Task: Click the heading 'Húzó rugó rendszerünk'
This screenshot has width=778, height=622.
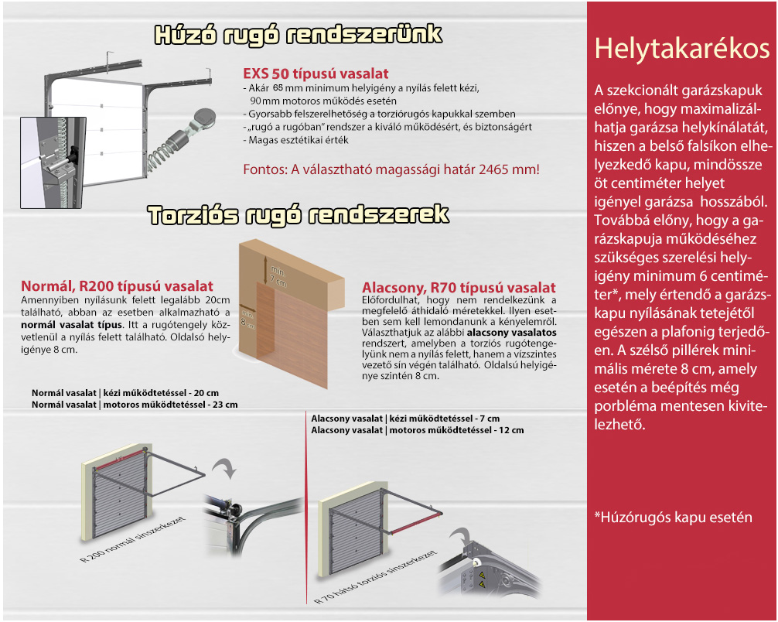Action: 298,35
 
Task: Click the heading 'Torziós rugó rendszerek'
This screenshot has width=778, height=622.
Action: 298,214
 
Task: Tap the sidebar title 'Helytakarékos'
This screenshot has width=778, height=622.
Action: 681,48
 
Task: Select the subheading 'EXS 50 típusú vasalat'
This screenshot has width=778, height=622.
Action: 315,74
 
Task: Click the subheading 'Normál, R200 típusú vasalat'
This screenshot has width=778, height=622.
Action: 117,286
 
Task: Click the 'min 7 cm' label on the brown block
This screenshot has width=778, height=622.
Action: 277,276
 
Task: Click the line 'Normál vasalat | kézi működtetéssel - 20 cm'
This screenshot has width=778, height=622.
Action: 125,393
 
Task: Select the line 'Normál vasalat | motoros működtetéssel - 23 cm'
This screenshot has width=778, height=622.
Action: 135,404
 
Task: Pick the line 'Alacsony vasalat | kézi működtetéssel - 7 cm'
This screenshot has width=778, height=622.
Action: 405,419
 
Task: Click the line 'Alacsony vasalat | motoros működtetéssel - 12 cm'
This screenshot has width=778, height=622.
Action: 417,430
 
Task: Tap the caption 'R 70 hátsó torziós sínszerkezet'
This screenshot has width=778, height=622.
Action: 379,577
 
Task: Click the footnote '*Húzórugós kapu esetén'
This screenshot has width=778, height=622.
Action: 673,517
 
